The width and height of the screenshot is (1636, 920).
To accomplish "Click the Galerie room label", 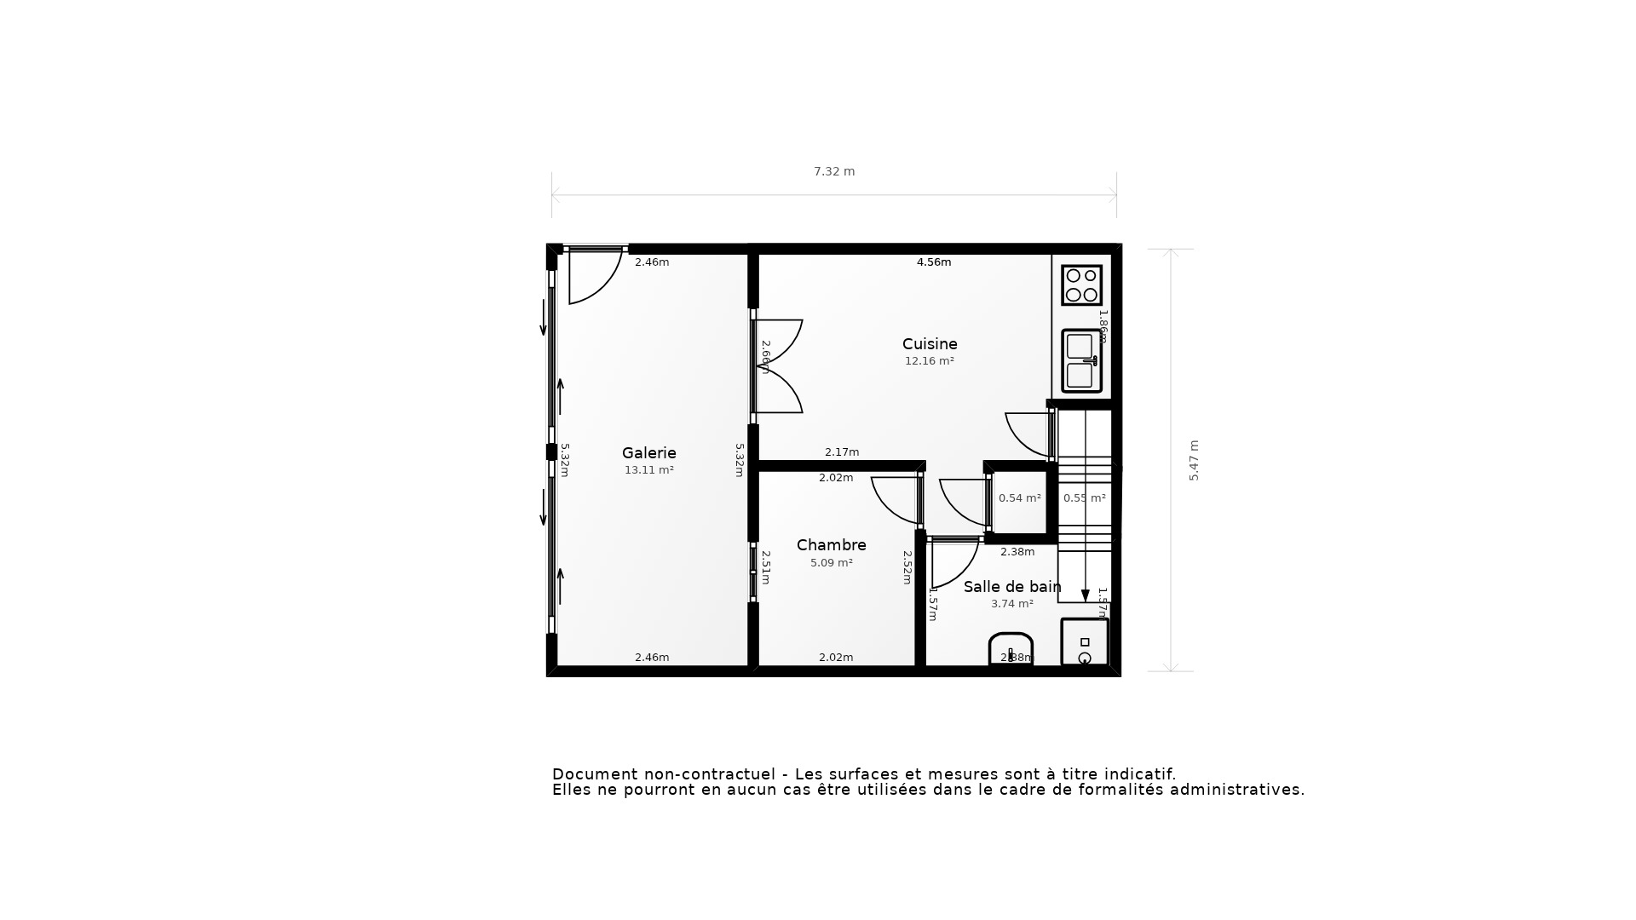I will pos(648,453).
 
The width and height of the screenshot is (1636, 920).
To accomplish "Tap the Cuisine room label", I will pos(930,344).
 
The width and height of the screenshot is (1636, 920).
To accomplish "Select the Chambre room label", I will pos(831,545).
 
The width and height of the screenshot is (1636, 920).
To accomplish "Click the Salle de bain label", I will pos(1011,587).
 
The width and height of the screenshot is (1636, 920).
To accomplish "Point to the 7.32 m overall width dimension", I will pos(834,172).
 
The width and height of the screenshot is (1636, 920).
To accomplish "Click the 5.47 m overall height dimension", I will pos(1194,460).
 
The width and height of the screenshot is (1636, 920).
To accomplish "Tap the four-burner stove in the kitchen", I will pos(1081,285).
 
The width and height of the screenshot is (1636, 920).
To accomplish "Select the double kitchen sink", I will pos(1081,360).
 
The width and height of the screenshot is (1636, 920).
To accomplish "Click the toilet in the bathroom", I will pos(1011,649).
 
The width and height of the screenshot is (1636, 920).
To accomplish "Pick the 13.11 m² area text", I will pos(648,470).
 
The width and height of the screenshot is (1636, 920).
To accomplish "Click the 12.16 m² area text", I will pos(929,361).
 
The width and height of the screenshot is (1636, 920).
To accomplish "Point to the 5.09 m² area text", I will pos(831,563).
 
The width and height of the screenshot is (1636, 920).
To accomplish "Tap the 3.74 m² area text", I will pos(1011,604).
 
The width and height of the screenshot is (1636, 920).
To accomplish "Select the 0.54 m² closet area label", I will pos(1019,498).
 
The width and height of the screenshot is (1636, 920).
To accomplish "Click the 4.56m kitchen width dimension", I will pos(933,262).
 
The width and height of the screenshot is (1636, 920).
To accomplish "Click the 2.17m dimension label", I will pos(841,452).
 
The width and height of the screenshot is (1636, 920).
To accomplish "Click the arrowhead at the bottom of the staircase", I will pos(1085,595).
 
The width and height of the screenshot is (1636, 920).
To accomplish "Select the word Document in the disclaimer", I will pos(595,774).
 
